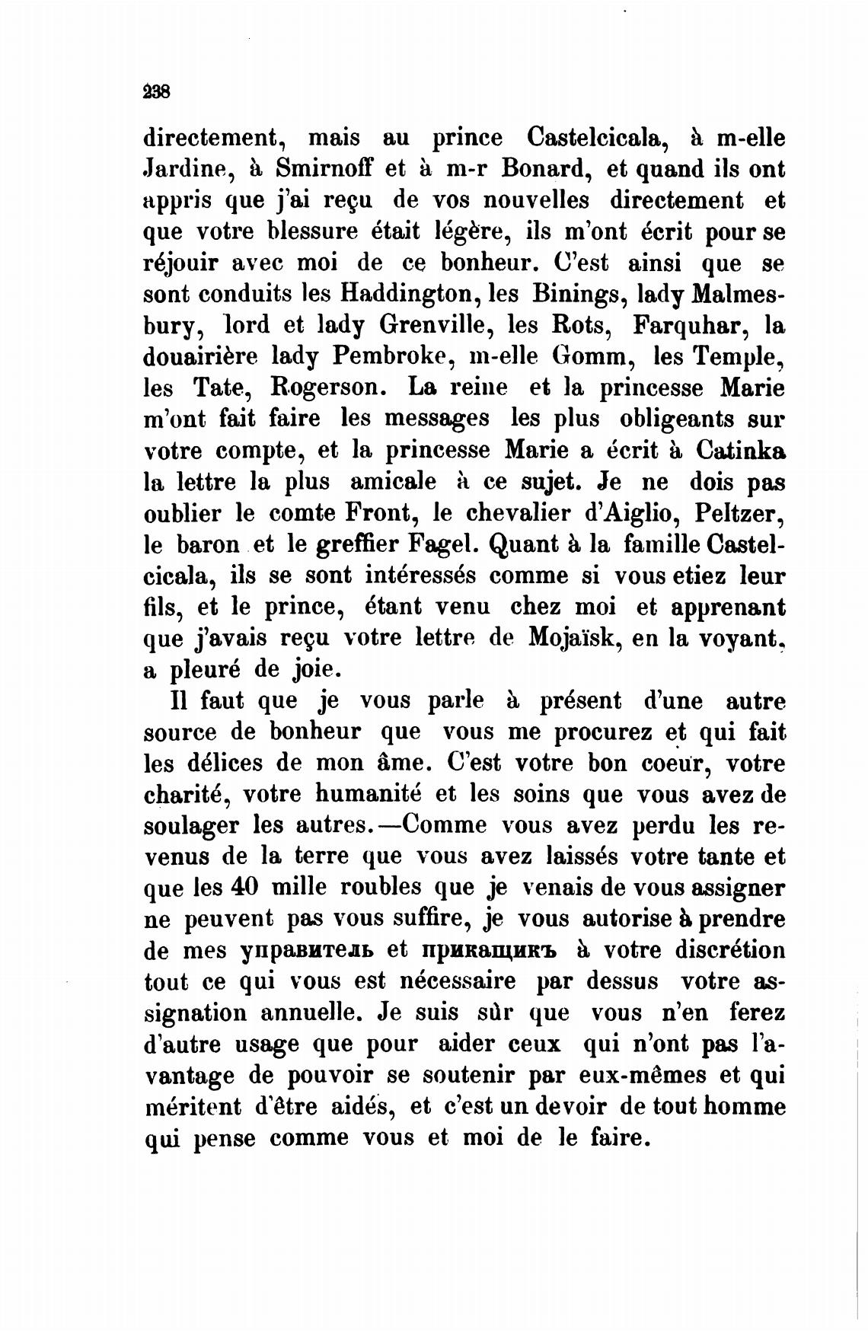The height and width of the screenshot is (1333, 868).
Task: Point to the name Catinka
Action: click(740, 450)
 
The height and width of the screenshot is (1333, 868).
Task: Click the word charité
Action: click(187, 794)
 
